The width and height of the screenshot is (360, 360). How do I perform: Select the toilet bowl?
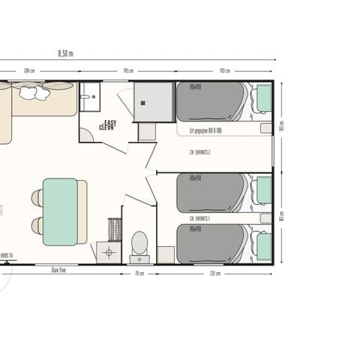pyautogui.click(x=139, y=243)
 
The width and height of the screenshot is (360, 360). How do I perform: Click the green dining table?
pyautogui.click(x=60, y=211)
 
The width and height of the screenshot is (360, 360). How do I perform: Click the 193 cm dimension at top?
pyautogui.click(x=223, y=71)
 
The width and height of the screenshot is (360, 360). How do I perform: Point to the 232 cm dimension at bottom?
pyautogui.click(x=215, y=273)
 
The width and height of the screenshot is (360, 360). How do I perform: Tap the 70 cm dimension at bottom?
pyautogui.click(x=139, y=273)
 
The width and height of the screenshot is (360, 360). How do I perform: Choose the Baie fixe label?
pyautogui.click(x=59, y=269)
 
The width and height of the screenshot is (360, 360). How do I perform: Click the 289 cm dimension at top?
pyautogui.click(x=29, y=71)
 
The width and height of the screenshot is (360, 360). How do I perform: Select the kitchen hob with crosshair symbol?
pyautogui.click(x=109, y=252)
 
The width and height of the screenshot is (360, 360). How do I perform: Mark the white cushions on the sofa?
pyautogui.click(x=34, y=92)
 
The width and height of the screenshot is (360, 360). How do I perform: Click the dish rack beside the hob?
pyautogui.click(x=115, y=228)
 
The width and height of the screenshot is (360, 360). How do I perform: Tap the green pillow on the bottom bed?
pyautogui.click(x=263, y=244)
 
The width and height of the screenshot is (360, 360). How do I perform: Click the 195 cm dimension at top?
pyautogui.click(x=129, y=71)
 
